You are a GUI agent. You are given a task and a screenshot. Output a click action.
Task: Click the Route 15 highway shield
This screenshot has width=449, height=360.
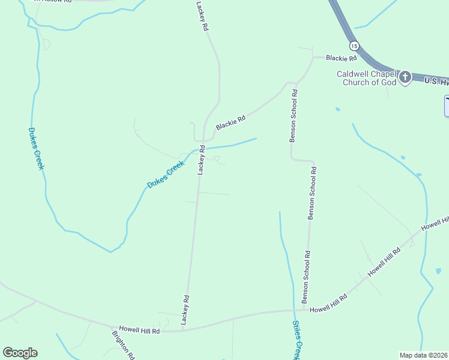pyautogui.click(x=354, y=46)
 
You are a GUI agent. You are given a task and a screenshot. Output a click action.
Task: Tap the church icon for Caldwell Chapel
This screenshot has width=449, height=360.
pyautogui.click(x=405, y=77)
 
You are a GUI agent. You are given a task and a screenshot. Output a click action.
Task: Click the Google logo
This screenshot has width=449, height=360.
pyautogui.click(x=20, y=353)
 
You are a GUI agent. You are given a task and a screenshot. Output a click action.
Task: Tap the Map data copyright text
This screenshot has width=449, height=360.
pyautogui.click(x=424, y=355)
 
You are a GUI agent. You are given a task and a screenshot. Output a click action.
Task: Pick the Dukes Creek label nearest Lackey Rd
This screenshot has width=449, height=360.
pyautogui.click(x=166, y=175)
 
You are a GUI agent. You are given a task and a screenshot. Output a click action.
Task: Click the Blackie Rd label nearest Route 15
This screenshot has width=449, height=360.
pyautogui.click(x=341, y=58)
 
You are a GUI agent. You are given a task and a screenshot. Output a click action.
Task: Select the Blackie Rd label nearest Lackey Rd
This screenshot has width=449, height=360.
pyautogui.click(x=231, y=122)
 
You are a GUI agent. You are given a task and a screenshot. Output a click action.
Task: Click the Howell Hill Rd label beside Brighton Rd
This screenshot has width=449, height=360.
pyautogui.click(x=139, y=330)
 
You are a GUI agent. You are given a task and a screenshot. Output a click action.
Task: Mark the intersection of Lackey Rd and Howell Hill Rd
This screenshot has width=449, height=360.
pyautogui.click(x=182, y=331)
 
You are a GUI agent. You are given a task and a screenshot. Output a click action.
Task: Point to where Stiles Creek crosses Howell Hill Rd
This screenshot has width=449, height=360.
pyautogui.click(x=294, y=311)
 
